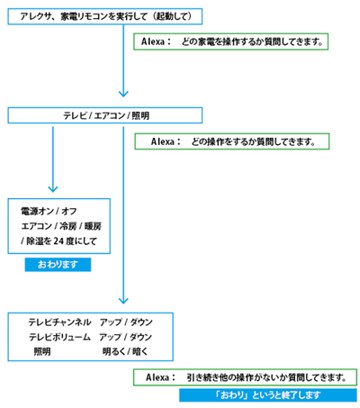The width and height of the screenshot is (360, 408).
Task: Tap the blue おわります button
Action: (x=58, y=265)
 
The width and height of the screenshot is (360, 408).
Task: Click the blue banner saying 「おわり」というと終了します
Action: (x=268, y=395)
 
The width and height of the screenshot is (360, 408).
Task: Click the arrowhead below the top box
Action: (x=123, y=94)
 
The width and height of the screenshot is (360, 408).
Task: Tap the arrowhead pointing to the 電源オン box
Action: (x=53, y=189)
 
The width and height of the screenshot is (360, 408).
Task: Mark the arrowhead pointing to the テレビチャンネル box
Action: (x=123, y=301)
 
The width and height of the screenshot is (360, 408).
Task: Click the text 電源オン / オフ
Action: (x=49, y=212)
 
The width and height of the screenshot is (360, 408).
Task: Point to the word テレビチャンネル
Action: (x=59, y=322)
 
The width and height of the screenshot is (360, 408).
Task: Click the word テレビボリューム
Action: (x=59, y=337)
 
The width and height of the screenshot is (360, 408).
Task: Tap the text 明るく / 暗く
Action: (x=125, y=351)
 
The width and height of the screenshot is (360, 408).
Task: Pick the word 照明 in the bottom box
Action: (x=42, y=351)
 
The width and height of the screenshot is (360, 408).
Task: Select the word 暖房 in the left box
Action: (x=93, y=226)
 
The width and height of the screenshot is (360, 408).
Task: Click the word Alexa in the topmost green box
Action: (x=154, y=41)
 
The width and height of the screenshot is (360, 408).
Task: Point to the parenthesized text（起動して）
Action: (x=172, y=16)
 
